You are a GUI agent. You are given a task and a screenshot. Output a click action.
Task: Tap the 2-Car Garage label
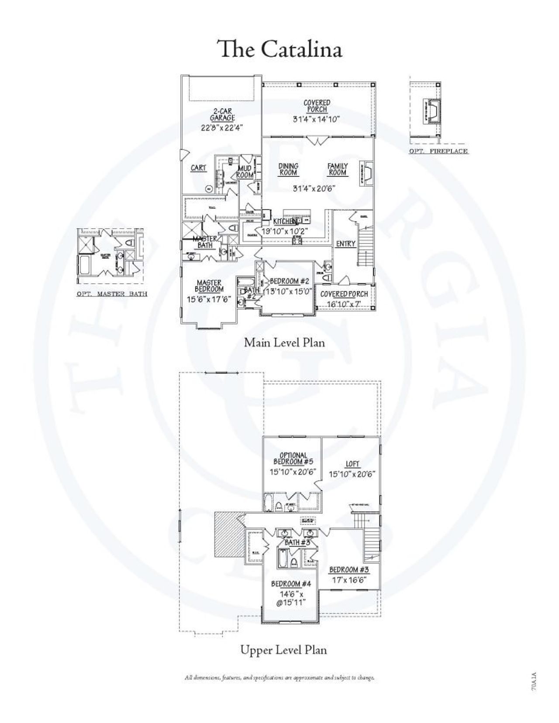click(x=222, y=114)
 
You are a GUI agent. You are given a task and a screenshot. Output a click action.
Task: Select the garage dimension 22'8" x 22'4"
click(x=222, y=128)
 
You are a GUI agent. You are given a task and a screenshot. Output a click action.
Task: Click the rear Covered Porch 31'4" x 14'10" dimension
click(x=316, y=119)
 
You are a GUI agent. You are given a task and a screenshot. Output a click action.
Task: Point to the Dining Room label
click(x=288, y=169)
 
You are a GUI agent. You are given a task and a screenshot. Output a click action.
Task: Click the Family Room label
click(x=338, y=169)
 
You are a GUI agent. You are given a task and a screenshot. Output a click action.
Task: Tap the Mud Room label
click(x=245, y=172)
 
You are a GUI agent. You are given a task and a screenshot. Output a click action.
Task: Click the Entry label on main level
click(x=345, y=244)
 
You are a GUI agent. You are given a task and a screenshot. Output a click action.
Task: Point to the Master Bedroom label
click(x=209, y=286)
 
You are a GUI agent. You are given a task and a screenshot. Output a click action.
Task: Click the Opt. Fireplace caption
click(x=438, y=151)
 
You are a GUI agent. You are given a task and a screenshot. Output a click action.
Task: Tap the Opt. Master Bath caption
click(x=112, y=294)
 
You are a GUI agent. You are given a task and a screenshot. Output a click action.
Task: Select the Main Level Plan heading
click(x=284, y=343)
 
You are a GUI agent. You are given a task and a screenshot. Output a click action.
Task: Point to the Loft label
click(x=352, y=464)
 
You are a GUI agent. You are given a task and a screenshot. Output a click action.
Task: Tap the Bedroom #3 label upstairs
click(x=349, y=570)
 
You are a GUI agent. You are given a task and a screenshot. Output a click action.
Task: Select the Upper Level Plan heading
click(x=283, y=650)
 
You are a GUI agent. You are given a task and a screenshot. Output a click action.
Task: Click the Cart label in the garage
click(x=199, y=168)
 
